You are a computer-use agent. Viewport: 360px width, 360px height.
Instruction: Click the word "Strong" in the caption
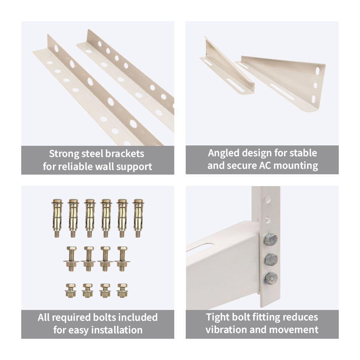click(x=64, y=154)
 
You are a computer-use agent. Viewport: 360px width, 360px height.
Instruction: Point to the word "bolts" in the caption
click(x=105, y=317)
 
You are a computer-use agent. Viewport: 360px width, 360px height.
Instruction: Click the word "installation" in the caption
click(x=117, y=330)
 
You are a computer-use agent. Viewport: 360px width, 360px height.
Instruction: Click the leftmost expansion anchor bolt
click(x=57, y=218)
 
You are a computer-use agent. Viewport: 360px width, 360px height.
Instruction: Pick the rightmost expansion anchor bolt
click(x=138, y=218)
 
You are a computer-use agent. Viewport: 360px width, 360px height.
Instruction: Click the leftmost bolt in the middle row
click(x=71, y=259)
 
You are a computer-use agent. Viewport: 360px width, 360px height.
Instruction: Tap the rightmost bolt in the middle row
click(x=122, y=259)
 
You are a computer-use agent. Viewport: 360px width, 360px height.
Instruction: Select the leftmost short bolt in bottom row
click(x=70, y=290)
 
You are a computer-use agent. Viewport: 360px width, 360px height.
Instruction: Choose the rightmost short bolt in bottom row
click(x=122, y=290)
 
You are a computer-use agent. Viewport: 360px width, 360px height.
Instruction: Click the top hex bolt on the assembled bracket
click(x=270, y=240)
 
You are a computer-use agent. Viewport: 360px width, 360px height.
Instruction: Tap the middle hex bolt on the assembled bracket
click(x=271, y=259)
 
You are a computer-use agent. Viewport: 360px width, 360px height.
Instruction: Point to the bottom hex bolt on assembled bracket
click(x=271, y=278)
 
